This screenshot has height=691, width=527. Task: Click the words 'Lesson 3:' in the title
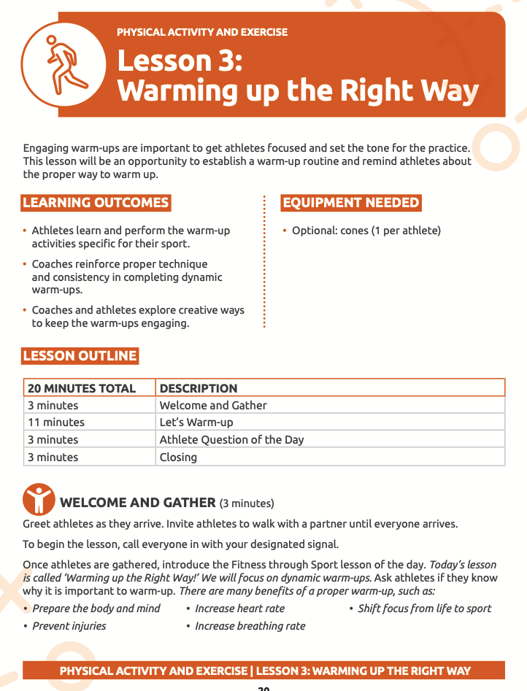pyautogui.click(x=180, y=60)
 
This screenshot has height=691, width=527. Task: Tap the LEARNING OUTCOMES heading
pyautogui.click(x=96, y=203)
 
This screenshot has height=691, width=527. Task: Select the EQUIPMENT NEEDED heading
pyautogui.click(x=351, y=203)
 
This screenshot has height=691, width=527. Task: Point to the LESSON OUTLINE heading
pyautogui.click(x=80, y=356)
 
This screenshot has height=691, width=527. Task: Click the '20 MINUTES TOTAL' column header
pyautogui.click(x=82, y=388)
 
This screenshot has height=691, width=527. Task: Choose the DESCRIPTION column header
pyautogui.click(x=199, y=388)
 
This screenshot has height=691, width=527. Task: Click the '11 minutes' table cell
pyautogui.click(x=56, y=422)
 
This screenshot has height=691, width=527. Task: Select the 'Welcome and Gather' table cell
pyautogui.click(x=213, y=406)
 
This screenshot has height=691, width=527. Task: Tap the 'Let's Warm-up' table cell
pyautogui.click(x=196, y=422)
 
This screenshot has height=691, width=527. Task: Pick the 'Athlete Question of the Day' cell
pyautogui.click(x=231, y=440)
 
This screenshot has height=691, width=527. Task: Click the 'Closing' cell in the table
pyautogui.click(x=178, y=458)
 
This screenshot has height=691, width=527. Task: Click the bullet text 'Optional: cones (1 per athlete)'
pyautogui.click(x=366, y=231)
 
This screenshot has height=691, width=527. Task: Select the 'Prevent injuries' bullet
pyautogui.click(x=69, y=626)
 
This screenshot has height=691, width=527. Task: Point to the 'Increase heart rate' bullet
pyautogui.click(x=239, y=609)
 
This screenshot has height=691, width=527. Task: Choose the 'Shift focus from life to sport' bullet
pyautogui.click(x=424, y=609)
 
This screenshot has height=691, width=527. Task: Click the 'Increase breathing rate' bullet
pyautogui.click(x=250, y=626)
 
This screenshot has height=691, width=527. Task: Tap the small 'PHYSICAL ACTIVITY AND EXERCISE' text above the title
pyautogui.click(x=202, y=32)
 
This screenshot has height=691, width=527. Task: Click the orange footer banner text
pyautogui.click(x=264, y=671)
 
